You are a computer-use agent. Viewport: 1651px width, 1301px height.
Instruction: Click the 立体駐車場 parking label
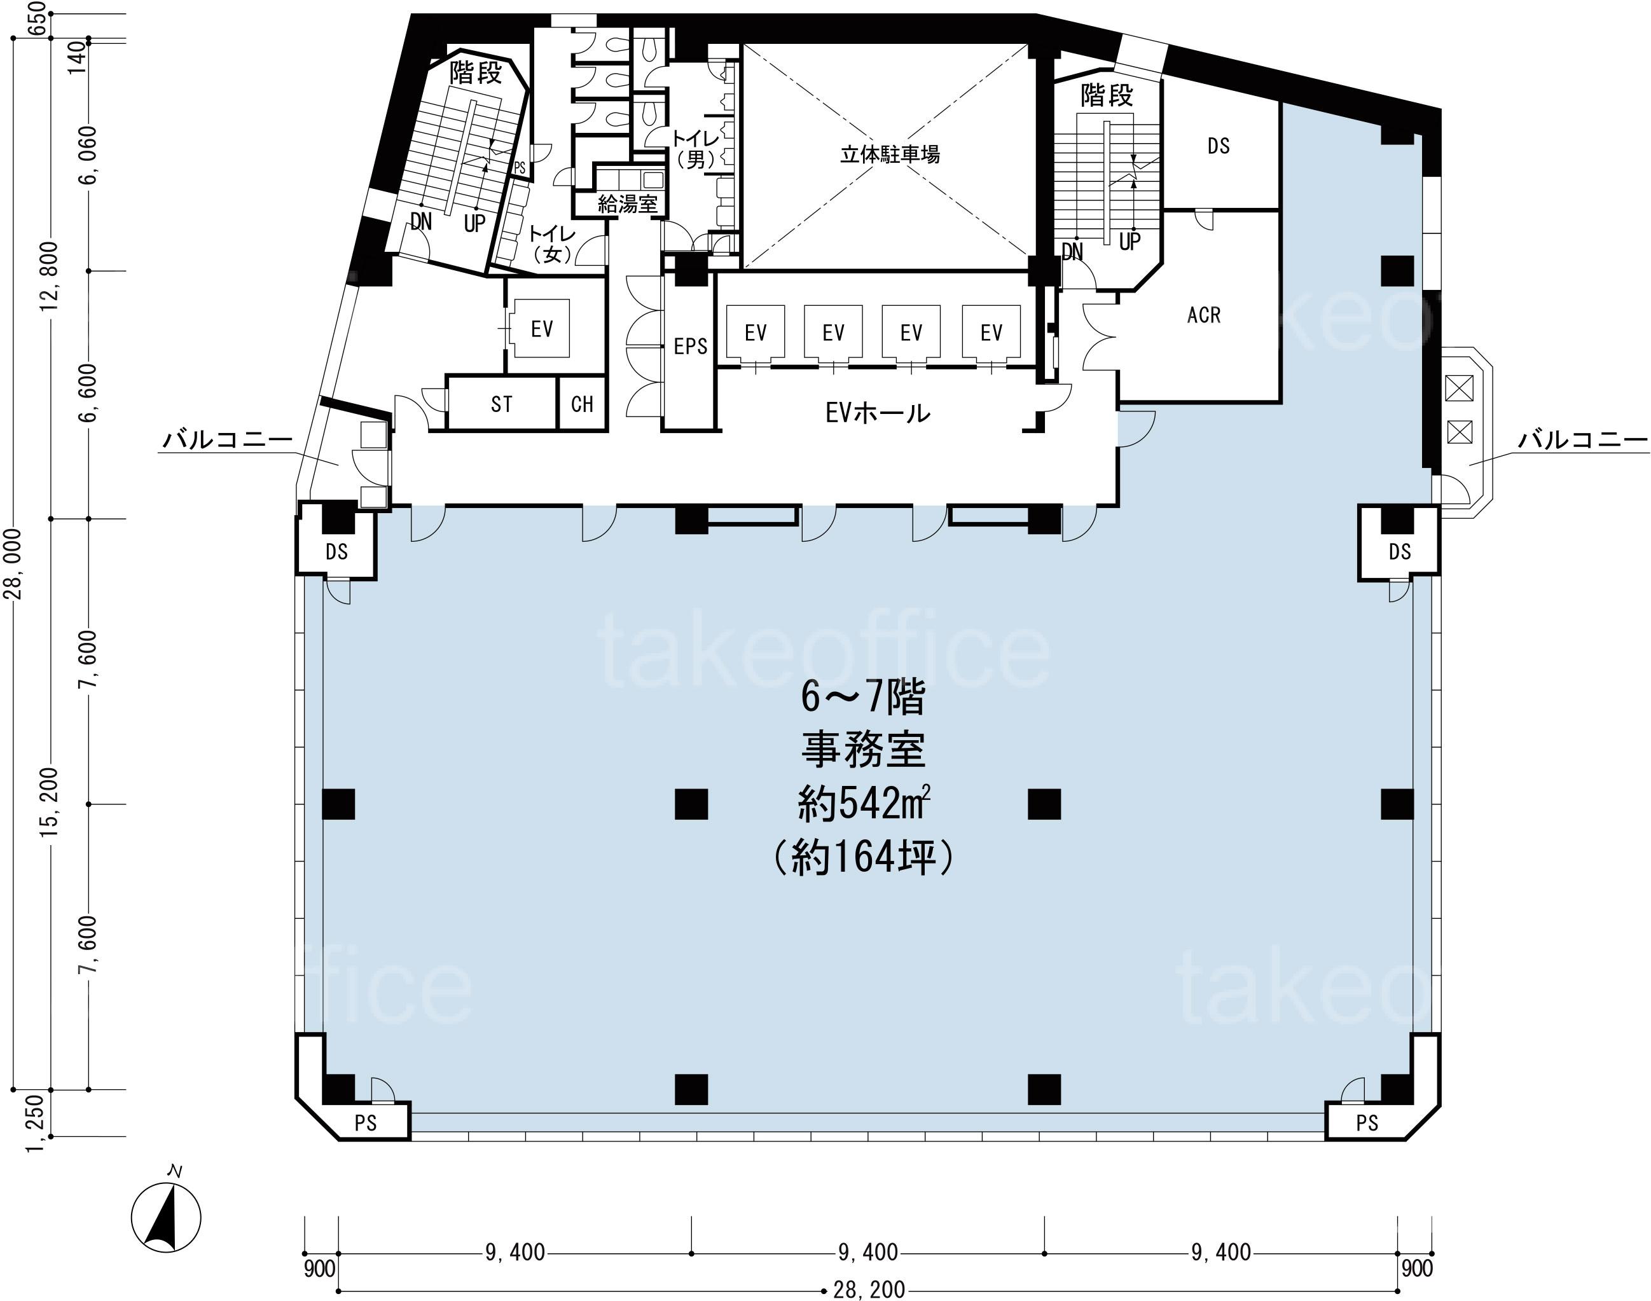[889, 155]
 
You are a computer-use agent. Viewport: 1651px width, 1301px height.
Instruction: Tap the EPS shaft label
[690, 347]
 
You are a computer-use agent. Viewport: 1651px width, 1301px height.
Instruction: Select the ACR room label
[1204, 315]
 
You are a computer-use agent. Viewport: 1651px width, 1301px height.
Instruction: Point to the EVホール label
[878, 413]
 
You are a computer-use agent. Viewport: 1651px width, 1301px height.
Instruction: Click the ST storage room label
[501, 404]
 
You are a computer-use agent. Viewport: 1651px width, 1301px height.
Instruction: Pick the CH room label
[582, 404]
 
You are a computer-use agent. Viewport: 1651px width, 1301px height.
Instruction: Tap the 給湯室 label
[627, 203]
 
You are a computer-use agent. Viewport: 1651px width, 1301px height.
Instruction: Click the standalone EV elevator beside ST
[542, 329]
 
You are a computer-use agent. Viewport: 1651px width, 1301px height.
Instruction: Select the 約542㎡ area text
[864, 804]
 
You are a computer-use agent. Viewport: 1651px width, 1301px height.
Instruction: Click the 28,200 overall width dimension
[869, 1289]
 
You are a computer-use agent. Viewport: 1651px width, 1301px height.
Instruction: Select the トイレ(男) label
[695, 149]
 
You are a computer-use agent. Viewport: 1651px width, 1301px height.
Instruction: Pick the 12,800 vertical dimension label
[50, 277]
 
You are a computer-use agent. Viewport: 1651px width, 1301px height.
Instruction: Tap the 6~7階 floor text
[863, 698]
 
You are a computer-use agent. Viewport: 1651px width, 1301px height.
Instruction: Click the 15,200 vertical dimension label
[50, 803]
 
